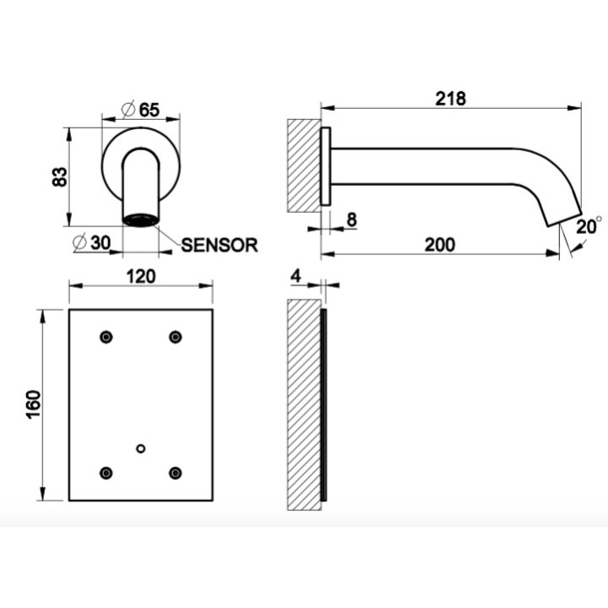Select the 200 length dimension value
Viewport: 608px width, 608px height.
click(x=439, y=244)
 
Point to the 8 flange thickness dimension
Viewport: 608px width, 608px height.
click(x=351, y=220)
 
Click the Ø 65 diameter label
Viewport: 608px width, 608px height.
click(x=140, y=110)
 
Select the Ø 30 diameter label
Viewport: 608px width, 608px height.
click(x=91, y=243)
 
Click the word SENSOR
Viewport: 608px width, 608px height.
click(x=219, y=245)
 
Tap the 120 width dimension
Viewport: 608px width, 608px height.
click(x=140, y=276)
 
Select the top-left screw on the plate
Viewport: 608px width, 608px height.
click(x=106, y=338)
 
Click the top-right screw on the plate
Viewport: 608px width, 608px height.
click(x=175, y=338)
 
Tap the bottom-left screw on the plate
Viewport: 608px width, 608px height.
click(x=106, y=473)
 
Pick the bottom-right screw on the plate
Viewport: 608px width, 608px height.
click(x=175, y=473)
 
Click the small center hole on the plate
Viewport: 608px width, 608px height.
click(x=140, y=448)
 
